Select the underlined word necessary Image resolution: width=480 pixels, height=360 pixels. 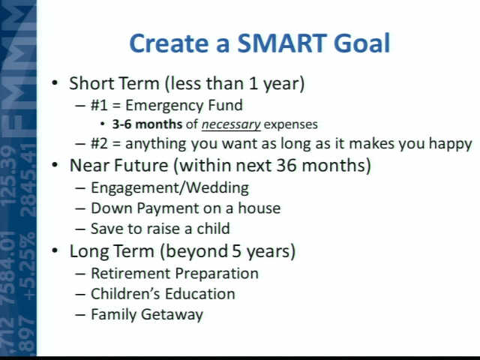coord(231,124)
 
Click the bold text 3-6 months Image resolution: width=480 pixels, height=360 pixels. coord(147,124)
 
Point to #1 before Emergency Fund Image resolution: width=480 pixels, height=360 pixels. coord(100,105)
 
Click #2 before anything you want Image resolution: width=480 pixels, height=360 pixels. coord(100,143)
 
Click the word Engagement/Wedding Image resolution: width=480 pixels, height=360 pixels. coord(170,188)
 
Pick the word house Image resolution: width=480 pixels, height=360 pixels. coord(259,208)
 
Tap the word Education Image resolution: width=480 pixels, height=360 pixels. coord(200,294)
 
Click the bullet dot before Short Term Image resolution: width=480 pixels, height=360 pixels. coord(55,82)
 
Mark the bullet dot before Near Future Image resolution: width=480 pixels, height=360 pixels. coord(55,165)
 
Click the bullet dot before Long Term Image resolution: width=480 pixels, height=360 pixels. coord(55,250)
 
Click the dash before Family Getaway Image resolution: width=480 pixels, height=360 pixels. coord(80,315)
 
